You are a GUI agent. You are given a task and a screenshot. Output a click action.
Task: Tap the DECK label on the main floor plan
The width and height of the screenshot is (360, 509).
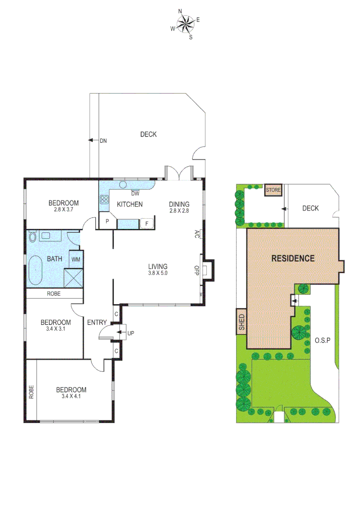click(148, 134)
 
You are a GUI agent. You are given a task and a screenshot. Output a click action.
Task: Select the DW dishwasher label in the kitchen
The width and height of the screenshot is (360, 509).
click(136, 193)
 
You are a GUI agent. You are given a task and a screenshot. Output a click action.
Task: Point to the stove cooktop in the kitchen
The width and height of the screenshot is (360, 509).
click(104, 199)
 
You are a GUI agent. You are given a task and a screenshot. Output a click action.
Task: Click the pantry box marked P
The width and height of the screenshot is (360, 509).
click(107, 221)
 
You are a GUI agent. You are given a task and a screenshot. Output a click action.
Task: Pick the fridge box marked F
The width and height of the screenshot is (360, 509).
click(147, 223)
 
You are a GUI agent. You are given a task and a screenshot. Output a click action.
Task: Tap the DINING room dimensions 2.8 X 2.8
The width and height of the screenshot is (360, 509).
click(179, 211)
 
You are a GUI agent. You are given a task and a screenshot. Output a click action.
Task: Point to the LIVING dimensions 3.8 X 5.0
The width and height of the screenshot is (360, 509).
click(158, 273)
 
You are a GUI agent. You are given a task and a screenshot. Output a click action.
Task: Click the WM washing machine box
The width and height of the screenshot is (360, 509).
click(75, 259)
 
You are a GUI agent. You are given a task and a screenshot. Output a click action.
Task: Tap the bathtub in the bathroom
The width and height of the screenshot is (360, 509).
click(35, 271)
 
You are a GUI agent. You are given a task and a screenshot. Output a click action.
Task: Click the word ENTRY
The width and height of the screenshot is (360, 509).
click(97, 322)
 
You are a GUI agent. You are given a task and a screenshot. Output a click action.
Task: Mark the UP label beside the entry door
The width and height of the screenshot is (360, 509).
click(131, 333)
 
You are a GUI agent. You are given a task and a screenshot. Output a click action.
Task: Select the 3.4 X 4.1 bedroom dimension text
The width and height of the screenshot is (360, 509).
click(71, 397)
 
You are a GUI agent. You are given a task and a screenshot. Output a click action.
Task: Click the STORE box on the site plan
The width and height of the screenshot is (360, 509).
click(273, 190)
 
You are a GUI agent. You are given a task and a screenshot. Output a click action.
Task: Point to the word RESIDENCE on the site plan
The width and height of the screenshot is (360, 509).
click(292, 258)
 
